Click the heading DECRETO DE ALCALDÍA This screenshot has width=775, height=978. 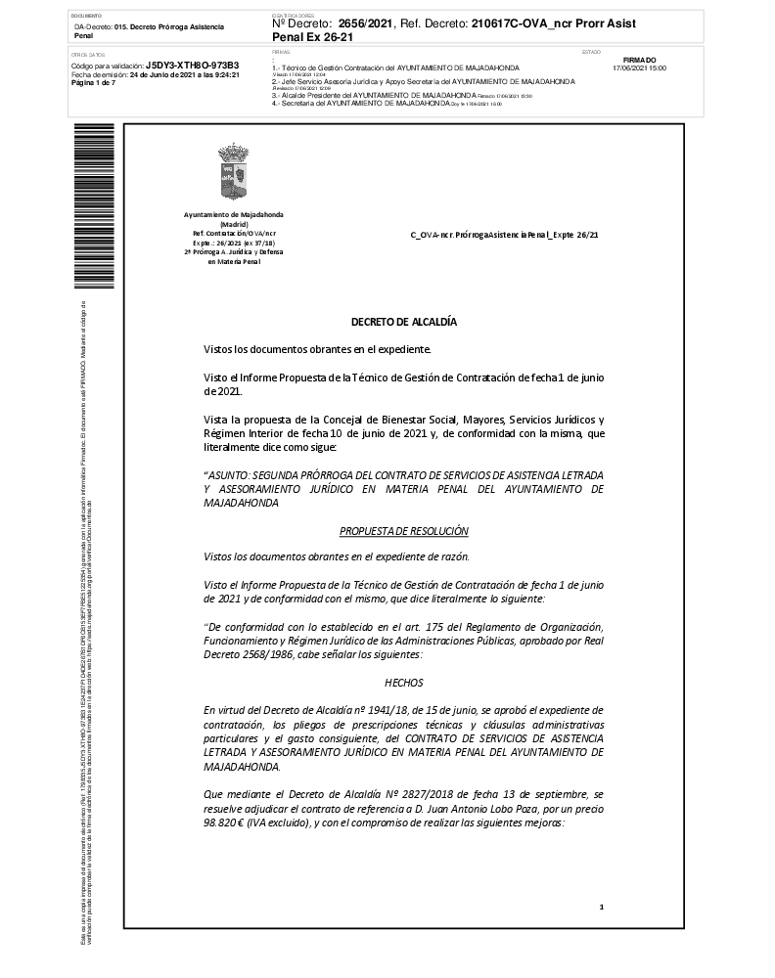[404, 322]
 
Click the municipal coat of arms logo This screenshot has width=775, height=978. [235, 173]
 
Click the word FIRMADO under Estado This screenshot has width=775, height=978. [639, 61]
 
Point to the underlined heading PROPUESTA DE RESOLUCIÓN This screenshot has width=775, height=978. [404, 531]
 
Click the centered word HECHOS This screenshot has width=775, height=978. [404, 684]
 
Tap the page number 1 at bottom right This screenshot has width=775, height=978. [602, 908]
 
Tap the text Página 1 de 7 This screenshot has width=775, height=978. [94, 83]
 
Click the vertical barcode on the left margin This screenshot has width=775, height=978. [82, 206]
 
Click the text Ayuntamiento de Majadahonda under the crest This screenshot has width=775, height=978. [234, 214]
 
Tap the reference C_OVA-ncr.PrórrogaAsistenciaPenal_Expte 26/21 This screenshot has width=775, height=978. [504, 236]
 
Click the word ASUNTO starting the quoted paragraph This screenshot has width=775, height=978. [227, 474]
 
